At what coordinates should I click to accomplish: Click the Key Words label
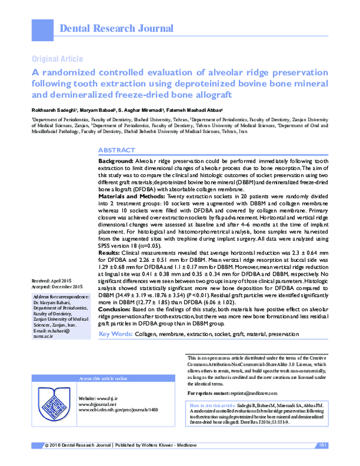(x=116, y=333)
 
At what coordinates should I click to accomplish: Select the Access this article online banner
(x=103, y=379)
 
